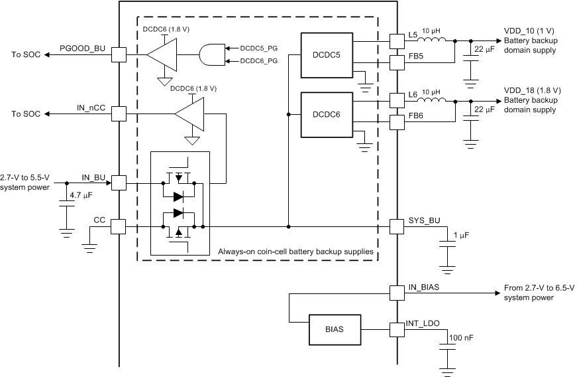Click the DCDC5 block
point(326,55)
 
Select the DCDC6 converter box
point(326,114)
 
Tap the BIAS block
point(335,327)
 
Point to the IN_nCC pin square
point(119,114)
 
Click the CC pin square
point(119,226)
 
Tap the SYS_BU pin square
point(396,226)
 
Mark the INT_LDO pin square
point(396,327)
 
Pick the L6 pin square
point(396,101)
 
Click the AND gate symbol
point(211,54)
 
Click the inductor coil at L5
point(434,41)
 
